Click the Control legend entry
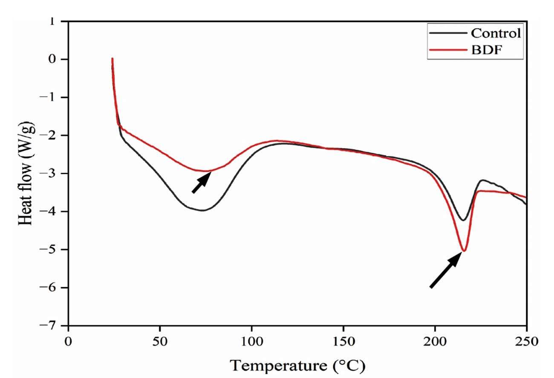496,33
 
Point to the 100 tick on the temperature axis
251,341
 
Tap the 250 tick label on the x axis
527,341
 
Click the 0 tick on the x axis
68,341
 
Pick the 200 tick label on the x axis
435,341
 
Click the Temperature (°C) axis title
298,365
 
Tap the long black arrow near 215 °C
446,270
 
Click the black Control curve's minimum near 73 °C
202,210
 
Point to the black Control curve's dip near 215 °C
463,220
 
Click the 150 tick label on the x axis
343,341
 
